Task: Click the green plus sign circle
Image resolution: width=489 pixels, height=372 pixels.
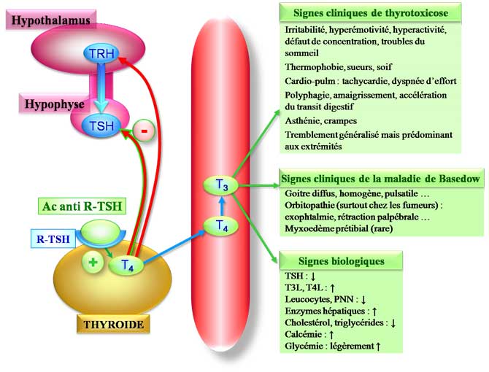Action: click(93, 263)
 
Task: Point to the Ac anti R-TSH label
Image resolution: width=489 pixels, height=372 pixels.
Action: click(81, 207)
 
